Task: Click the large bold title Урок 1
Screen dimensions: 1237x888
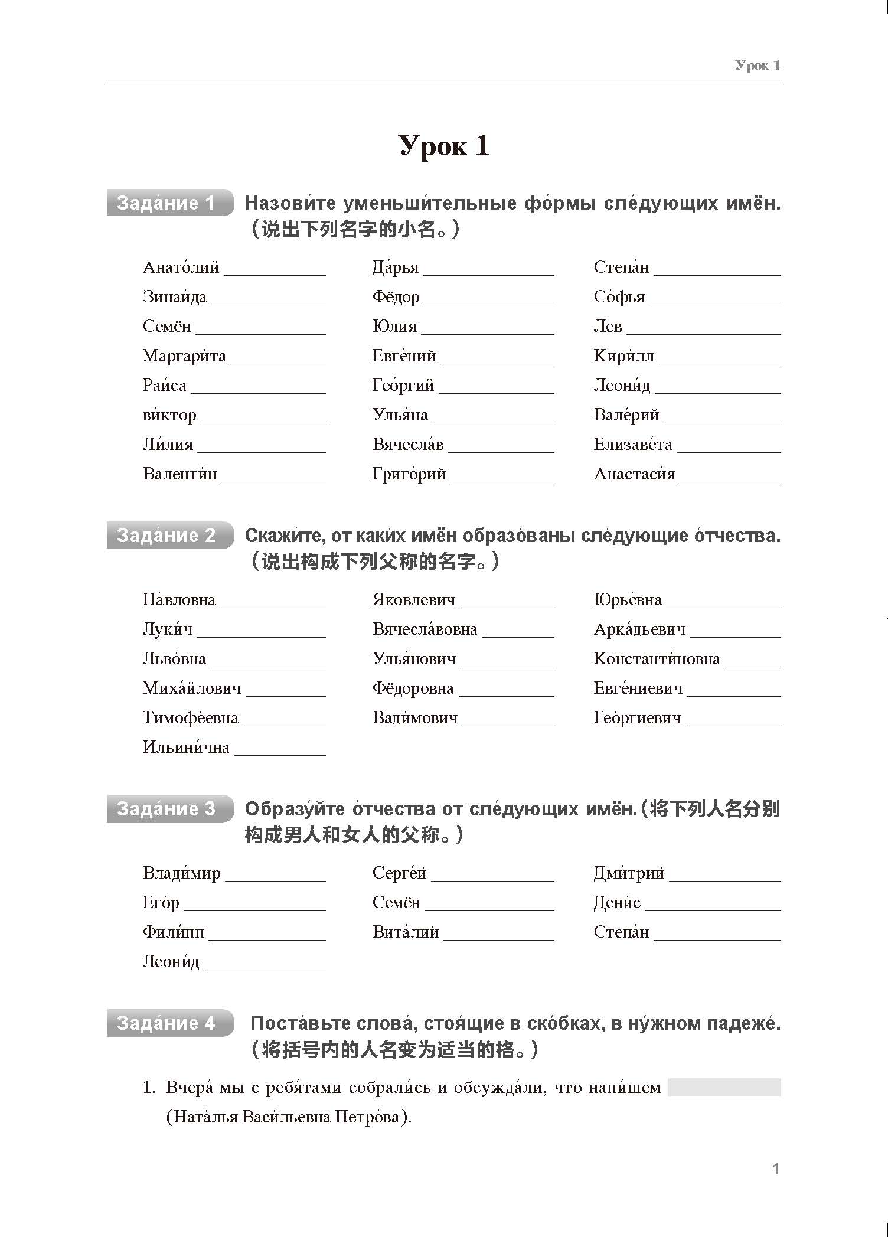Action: click(x=444, y=146)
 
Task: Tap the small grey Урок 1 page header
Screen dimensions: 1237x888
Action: click(x=758, y=66)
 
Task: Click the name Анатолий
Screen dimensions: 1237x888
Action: click(x=181, y=267)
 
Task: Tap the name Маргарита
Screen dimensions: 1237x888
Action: click(x=184, y=356)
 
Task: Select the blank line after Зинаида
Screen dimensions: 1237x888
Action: click(x=268, y=302)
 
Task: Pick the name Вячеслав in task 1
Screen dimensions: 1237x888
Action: click(x=408, y=445)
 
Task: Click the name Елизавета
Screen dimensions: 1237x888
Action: click(x=633, y=445)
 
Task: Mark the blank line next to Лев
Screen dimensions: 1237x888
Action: click(x=703, y=332)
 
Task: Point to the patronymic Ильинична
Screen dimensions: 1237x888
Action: click(x=186, y=748)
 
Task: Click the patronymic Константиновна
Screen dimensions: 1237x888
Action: click(x=657, y=659)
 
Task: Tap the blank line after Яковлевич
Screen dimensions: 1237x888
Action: click(x=507, y=605)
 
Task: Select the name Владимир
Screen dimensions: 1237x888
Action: click(x=182, y=873)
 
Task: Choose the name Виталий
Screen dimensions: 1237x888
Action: click(x=406, y=932)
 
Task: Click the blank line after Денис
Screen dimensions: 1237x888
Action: click(x=713, y=909)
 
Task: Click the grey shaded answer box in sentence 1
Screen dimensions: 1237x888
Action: click(x=724, y=1087)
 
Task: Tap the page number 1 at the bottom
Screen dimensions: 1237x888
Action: click(x=776, y=1169)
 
